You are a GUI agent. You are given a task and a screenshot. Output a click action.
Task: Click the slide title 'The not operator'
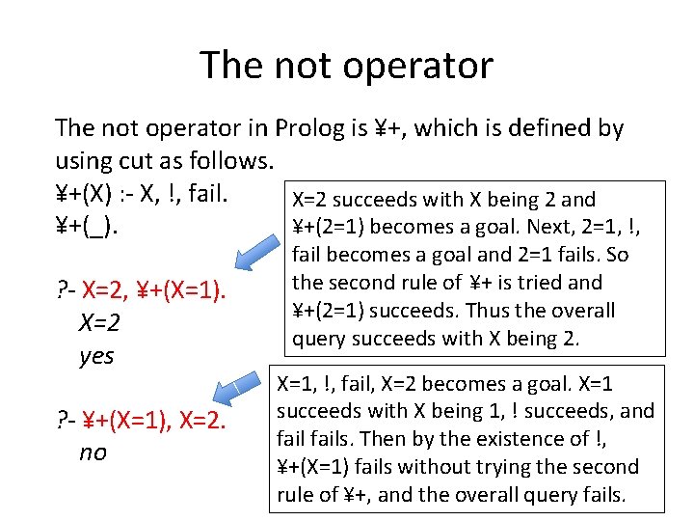click(346, 66)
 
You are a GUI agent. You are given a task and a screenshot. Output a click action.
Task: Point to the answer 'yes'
click(96, 356)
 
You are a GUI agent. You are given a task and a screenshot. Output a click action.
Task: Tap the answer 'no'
click(93, 452)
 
